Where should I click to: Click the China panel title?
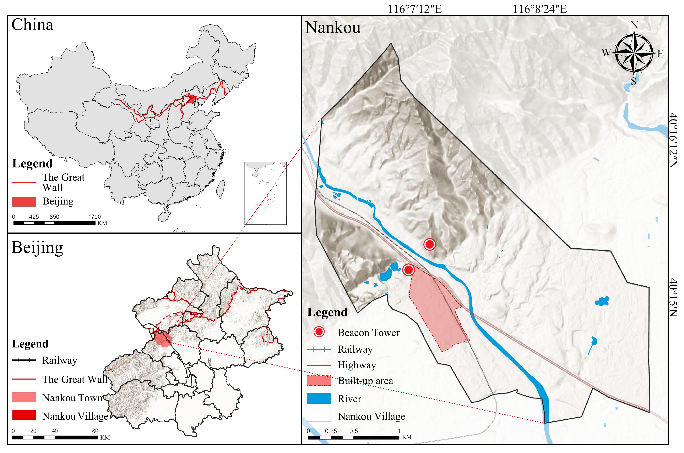(x=32, y=25)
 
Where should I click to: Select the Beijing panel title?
(x=37, y=248)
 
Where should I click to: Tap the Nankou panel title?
(x=333, y=28)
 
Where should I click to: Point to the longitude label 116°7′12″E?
(x=414, y=9)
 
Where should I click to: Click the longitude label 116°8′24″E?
(x=540, y=9)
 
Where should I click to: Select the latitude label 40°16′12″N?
(x=673, y=141)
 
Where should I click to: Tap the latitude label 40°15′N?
(x=673, y=298)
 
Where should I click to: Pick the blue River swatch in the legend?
(x=319, y=398)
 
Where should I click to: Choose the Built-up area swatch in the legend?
(x=319, y=381)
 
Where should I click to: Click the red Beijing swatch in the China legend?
(x=24, y=201)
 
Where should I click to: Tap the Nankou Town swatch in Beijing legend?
(x=24, y=397)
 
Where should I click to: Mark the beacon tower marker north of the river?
(x=429, y=244)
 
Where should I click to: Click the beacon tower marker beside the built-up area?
(x=408, y=270)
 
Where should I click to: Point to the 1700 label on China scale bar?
(x=94, y=217)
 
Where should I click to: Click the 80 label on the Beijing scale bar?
(x=95, y=431)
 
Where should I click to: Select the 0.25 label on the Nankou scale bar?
(x=331, y=431)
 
